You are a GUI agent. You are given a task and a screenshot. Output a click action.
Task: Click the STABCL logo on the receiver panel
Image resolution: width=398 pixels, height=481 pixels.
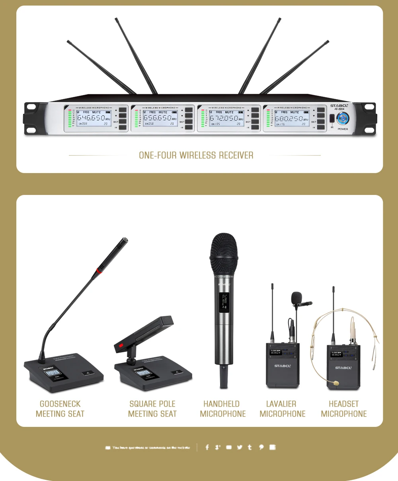coord(339,106)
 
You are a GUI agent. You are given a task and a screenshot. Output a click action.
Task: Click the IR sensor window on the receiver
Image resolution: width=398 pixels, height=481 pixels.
coord(332,118)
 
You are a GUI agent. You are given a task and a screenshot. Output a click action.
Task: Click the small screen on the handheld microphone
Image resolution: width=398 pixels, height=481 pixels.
coord(223,302)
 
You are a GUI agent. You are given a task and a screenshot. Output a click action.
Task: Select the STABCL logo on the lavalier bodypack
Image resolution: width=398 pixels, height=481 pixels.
coord(283,366)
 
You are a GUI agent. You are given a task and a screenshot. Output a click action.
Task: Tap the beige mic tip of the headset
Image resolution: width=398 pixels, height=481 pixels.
coord(336,383)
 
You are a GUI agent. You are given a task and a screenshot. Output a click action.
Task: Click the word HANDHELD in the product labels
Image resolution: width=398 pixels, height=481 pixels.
coord(221,404)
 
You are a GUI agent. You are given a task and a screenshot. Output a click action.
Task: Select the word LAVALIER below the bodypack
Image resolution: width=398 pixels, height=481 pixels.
coord(281,404)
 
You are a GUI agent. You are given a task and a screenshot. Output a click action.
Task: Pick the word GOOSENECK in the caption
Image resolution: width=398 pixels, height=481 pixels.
coord(60,404)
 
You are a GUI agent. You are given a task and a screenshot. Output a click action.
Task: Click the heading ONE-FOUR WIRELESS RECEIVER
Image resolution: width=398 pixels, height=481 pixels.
coord(196,155)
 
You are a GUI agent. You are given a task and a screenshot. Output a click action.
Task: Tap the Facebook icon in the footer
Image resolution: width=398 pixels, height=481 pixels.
coord(207,447)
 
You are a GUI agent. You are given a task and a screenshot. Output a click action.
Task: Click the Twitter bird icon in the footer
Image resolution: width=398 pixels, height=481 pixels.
coord(240,447)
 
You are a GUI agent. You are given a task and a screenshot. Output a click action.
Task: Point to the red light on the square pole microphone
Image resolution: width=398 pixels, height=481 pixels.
coord(121,345)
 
